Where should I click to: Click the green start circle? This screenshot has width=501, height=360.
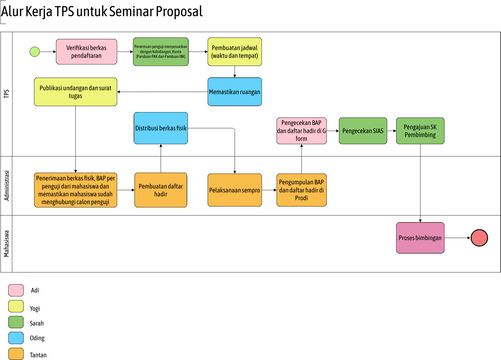[35, 51]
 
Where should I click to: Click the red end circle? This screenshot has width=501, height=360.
[479, 237]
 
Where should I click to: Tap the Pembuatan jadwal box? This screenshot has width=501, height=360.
[234, 51]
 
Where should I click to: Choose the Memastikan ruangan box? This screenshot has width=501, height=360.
[234, 91]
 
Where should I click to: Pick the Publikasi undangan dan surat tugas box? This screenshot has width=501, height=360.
[74, 93]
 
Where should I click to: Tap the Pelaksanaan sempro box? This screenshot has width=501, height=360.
[234, 188]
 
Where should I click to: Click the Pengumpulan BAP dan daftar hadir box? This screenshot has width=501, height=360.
[302, 188]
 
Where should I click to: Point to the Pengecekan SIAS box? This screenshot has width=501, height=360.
[363, 130]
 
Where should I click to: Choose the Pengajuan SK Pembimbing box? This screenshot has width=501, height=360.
[421, 130]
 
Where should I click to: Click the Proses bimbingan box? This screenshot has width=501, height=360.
[420, 237]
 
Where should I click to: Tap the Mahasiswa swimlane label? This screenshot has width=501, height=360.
[7, 241]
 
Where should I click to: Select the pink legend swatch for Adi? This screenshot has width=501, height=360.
[17, 290]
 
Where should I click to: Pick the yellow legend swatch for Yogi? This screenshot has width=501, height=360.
[17, 307]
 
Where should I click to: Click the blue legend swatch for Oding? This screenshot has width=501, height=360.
[17, 338]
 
